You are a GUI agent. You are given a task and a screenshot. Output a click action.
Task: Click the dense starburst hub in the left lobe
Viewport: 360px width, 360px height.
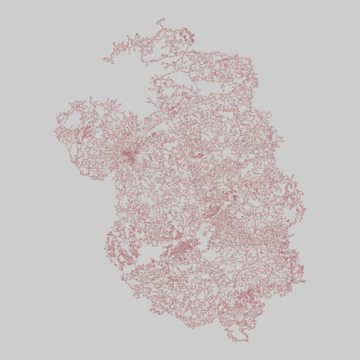tap(129, 155)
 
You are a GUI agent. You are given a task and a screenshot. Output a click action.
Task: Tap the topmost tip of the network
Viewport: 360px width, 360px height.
tap(160, 20)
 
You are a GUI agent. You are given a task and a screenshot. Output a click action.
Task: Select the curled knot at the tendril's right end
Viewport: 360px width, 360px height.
tap(187, 33)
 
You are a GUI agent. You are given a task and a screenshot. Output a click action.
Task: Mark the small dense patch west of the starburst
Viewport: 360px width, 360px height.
tap(84, 133)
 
